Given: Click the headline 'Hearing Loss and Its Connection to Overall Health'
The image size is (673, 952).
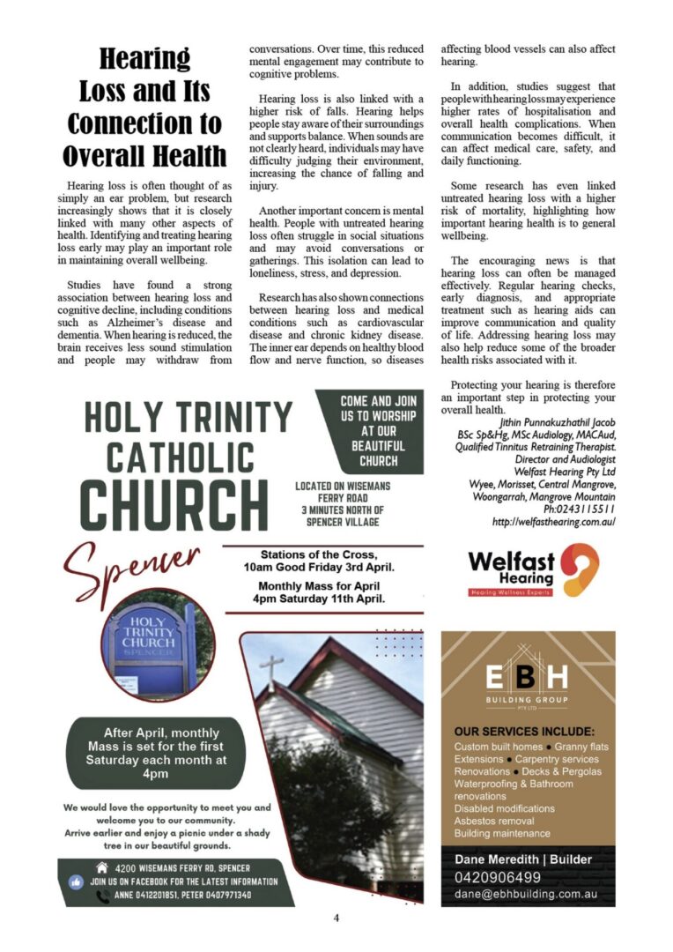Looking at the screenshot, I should pyautogui.click(x=144, y=108).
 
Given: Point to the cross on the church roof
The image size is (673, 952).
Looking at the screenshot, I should pyautogui.click(x=273, y=668).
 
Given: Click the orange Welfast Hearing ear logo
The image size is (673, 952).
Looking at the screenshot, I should pyautogui.click(x=581, y=569).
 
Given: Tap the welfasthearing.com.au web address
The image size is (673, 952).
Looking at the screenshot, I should pyautogui.click(x=553, y=522).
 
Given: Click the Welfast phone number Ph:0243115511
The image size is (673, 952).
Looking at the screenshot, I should pyautogui.click(x=579, y=509).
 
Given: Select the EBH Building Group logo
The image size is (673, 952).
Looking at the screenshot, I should pyautogui.click(x=529, y=682).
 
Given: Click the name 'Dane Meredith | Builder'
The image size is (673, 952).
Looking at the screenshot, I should pyautogui.click(x=523, y=859).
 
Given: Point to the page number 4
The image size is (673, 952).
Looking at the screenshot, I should pyautogui.click(x=336, y=918).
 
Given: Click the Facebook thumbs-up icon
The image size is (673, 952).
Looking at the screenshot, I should pyautogui.click(x=76, y=881).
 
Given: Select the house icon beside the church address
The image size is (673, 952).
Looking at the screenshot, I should pyautogui.click(x=77, y=866).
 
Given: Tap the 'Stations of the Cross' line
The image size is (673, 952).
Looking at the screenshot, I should pyautogui.click(x=323, y=555).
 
